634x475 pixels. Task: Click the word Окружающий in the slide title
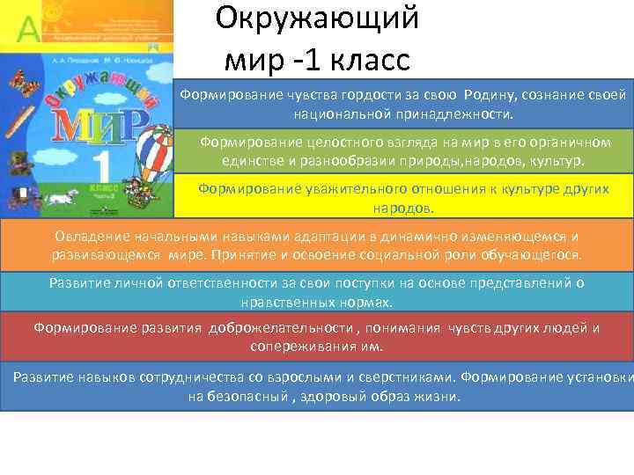(316, 18)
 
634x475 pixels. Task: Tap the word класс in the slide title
(368, 62)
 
